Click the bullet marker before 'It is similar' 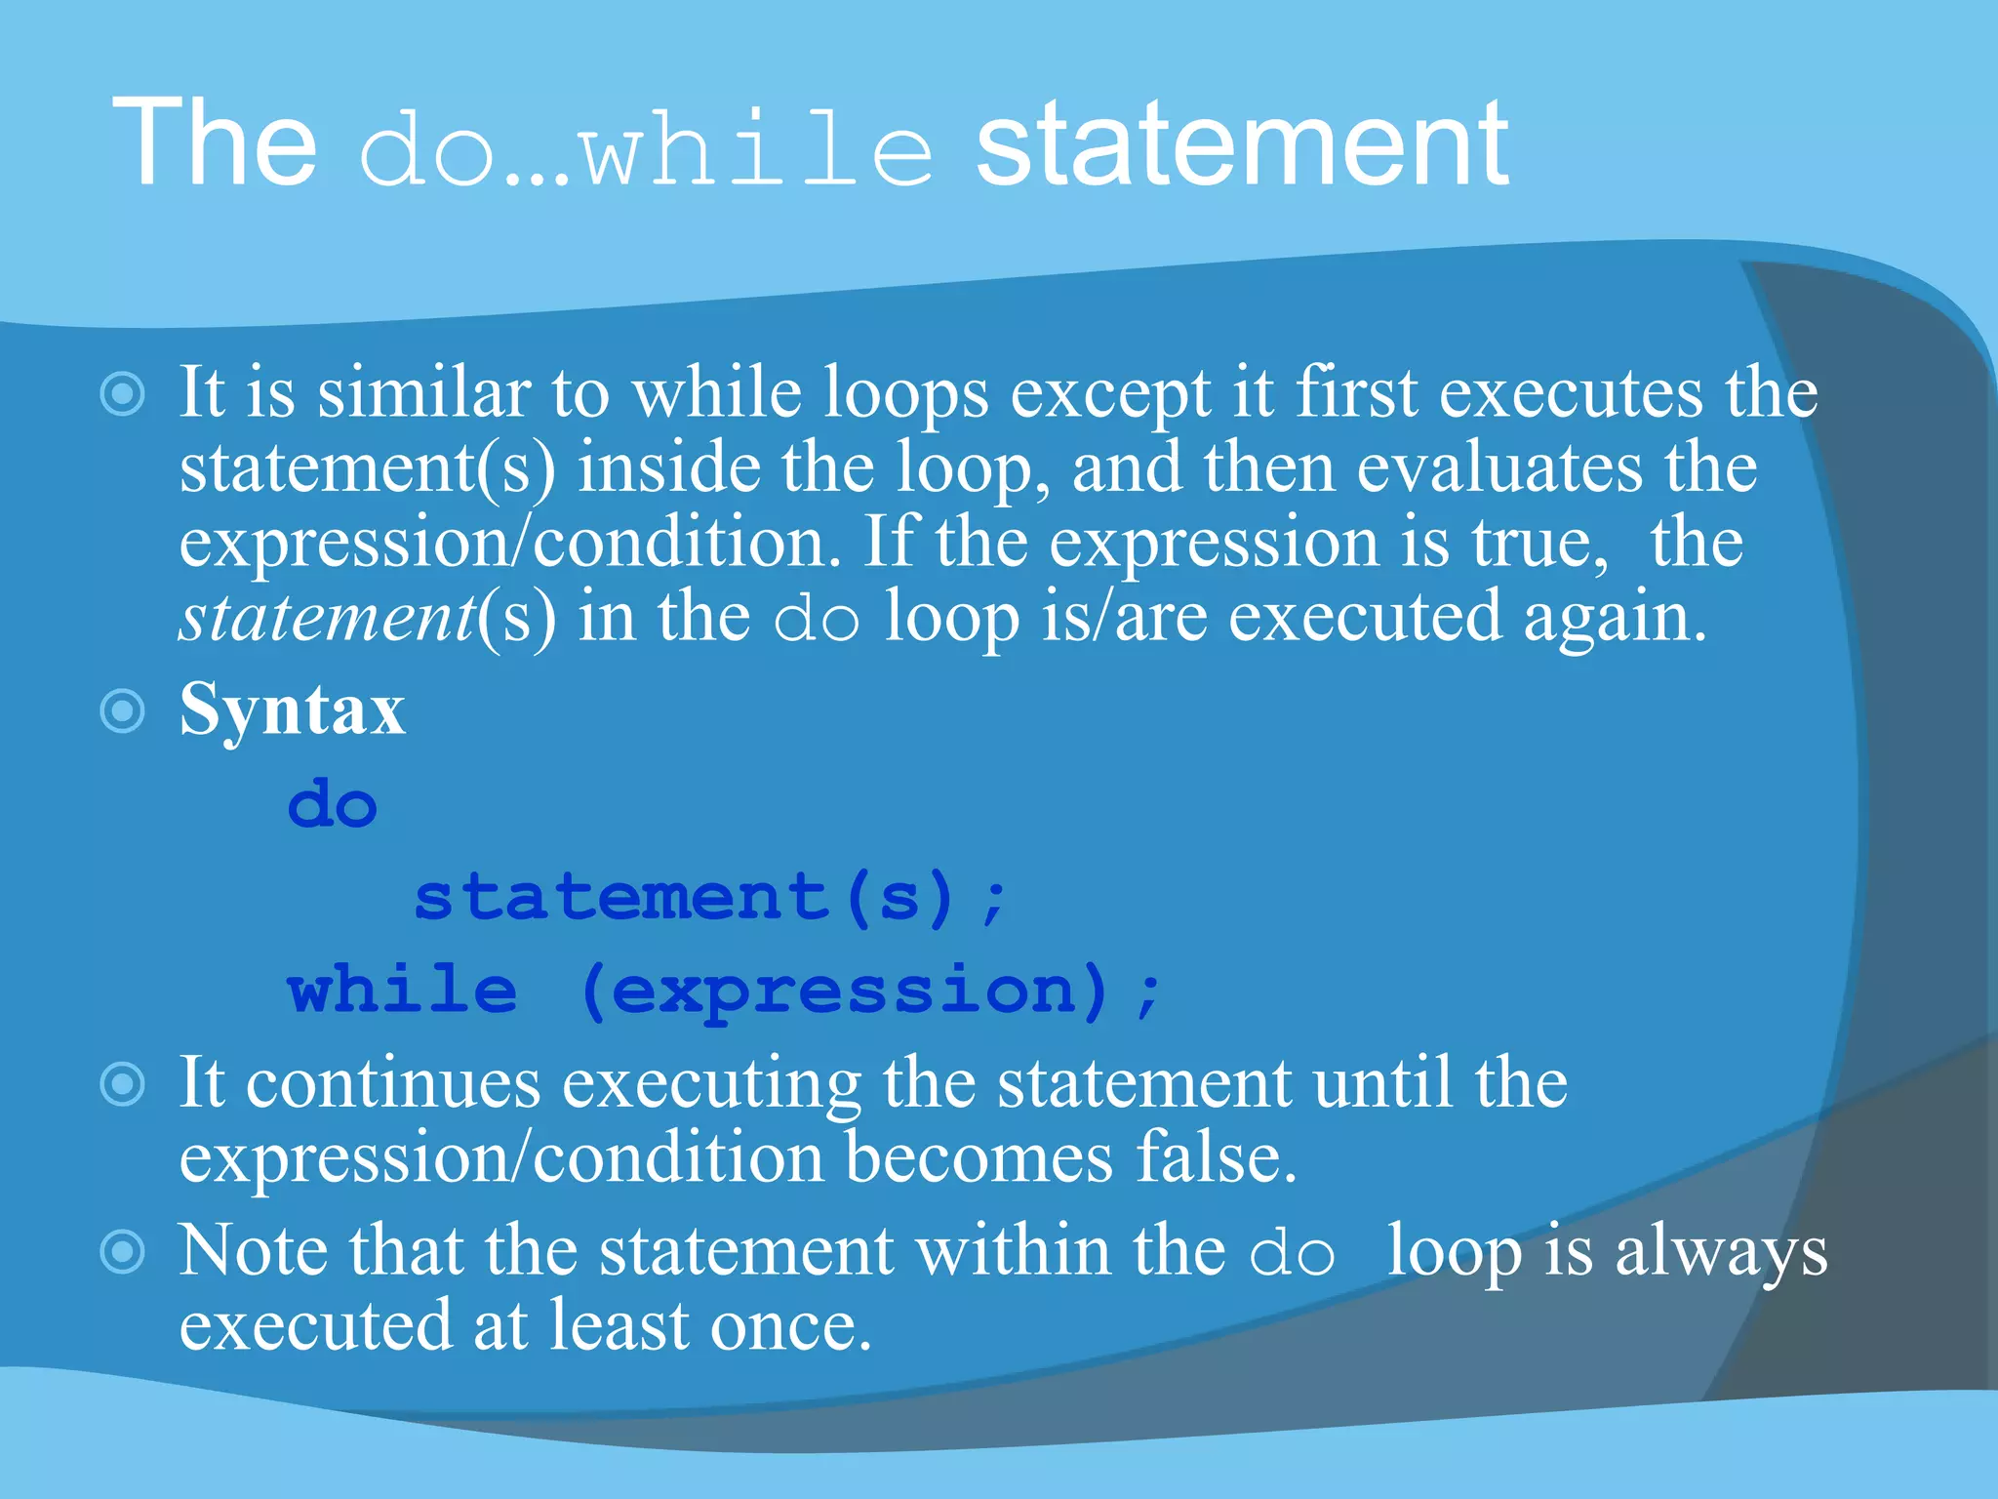click(123, 394)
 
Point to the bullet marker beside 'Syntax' click(123, 710)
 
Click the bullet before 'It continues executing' click(123, 1084)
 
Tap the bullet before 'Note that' click(123, 1252)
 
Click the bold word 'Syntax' click(292, 709)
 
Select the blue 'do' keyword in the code click(333, 805)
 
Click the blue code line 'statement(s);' click(709, 897)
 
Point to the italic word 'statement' click(327, 618)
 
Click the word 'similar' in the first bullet click(423, 392)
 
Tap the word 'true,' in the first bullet click(1540, 543)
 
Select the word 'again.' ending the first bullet click(1615, 618)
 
